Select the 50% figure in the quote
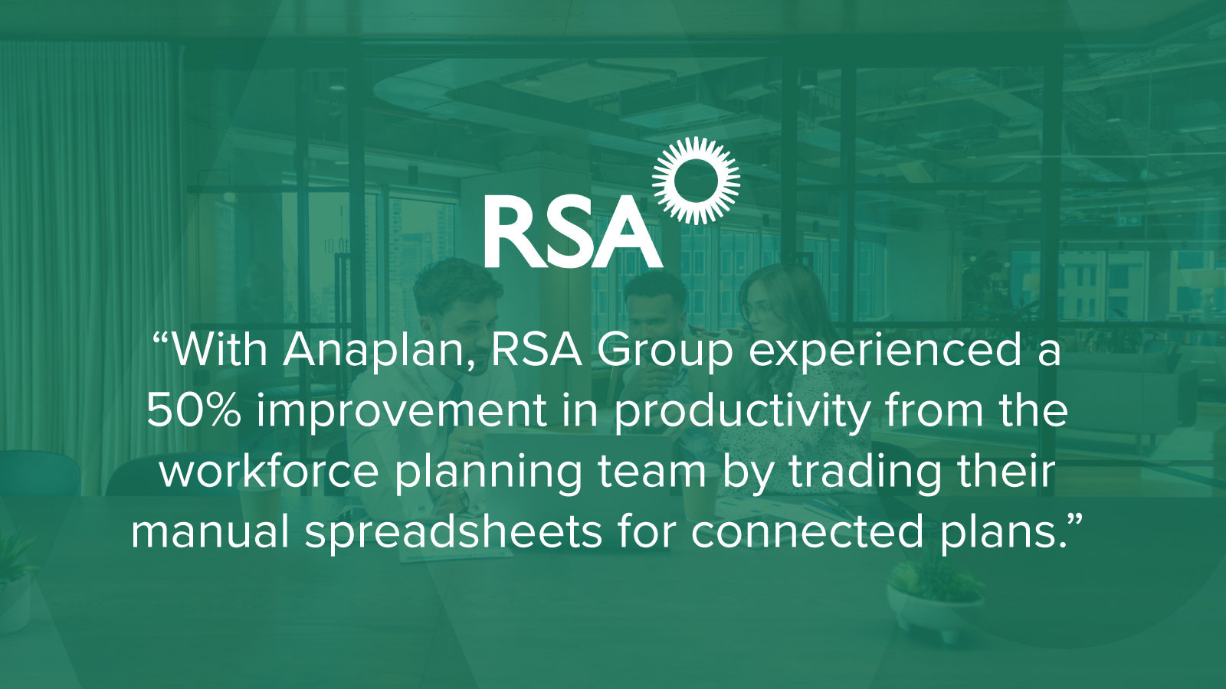click(x=193, y=410)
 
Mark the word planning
click(x=487, y=474)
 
